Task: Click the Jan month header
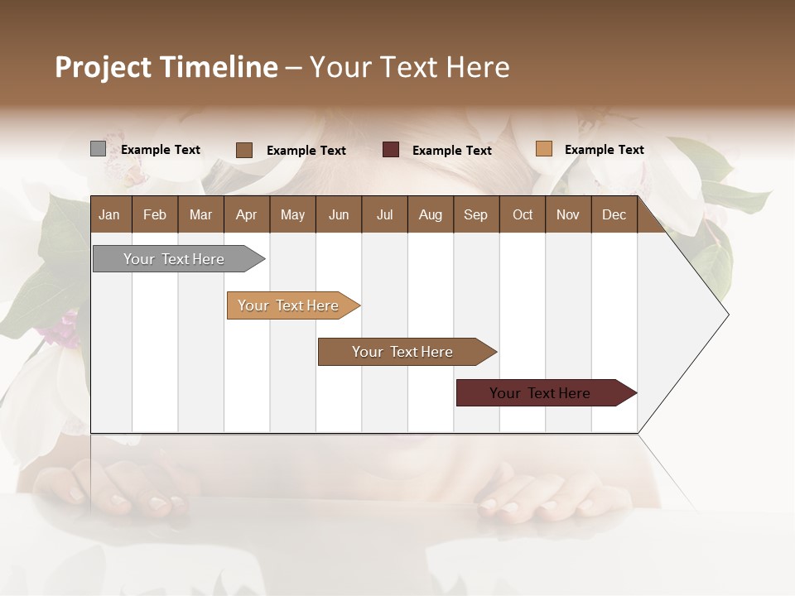(x=109, y=214)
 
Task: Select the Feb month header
(x=155, y=214)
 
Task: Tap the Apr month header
(x=246, y=214)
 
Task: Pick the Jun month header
(x=339, y=214)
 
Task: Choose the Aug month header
(x=431, y=214)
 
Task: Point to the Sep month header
(x=475, y=214)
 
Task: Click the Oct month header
(x=523, y=214)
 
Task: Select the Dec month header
(x=614, y=214)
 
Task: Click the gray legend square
(x=98, y=149)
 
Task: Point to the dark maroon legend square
(x=391, y=150)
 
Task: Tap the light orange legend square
(x=543, y=149)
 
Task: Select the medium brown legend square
(x=244, y=150)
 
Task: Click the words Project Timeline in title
(x=166, y=67)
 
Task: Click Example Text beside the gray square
(x=161, y=150)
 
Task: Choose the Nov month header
(x=568, y=214)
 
